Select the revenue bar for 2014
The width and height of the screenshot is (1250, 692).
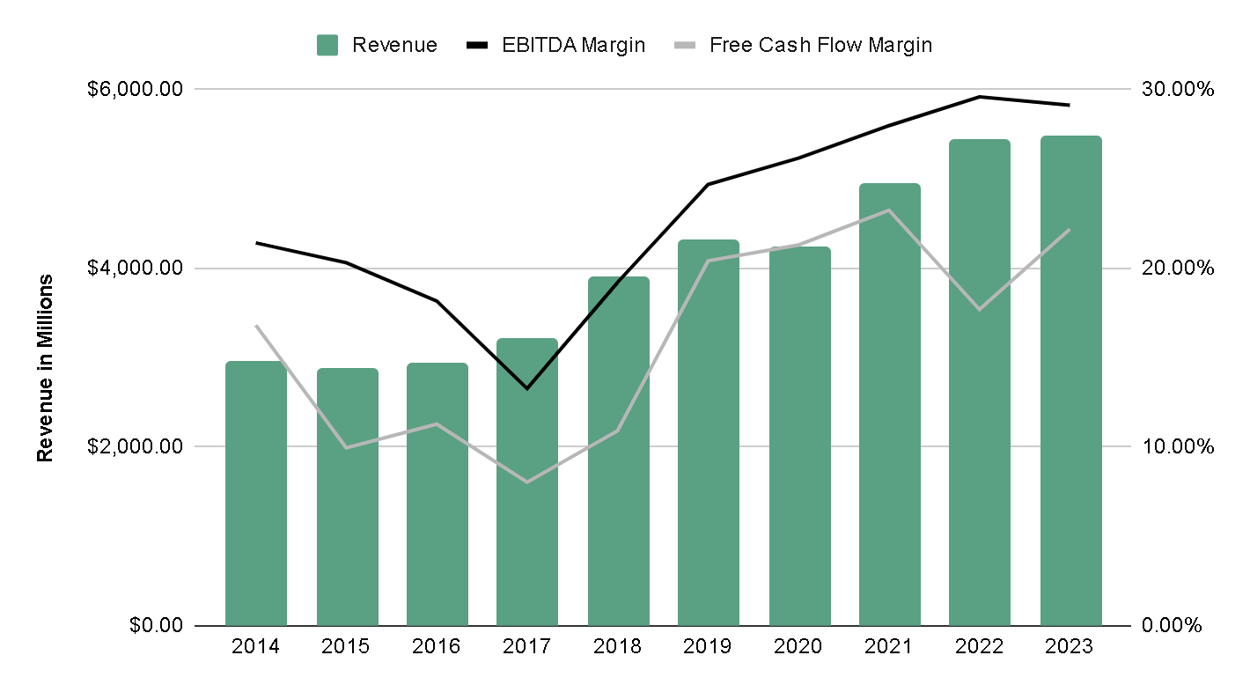[256, 493]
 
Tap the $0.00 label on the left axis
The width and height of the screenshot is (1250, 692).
[157, 626]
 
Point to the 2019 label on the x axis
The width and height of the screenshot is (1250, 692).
[708, 647]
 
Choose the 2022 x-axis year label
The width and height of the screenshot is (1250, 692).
[980, 647]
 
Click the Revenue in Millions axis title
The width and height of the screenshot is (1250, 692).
[45, 367]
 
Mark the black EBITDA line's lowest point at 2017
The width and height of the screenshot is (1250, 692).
[527, 388]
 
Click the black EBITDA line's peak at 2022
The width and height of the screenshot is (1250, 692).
[980, 97]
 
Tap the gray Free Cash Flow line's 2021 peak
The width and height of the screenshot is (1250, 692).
[889, 210]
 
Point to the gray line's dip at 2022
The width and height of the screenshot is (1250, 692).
[980, 309]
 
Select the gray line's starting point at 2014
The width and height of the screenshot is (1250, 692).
[256, 326]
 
